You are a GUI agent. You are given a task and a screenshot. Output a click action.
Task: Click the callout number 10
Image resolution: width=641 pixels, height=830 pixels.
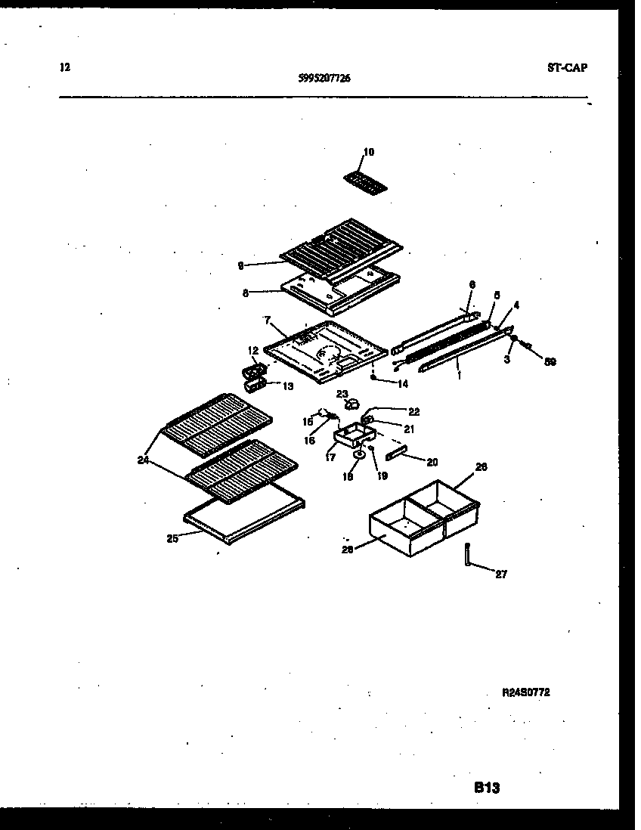tap(368, 152)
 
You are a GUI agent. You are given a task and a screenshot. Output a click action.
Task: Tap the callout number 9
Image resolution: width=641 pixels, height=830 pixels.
tap(240, 265)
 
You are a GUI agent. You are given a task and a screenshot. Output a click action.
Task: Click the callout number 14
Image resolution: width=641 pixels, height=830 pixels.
tap(402, 384)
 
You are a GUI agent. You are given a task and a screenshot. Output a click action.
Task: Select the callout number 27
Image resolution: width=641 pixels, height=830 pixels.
tap(501, 574)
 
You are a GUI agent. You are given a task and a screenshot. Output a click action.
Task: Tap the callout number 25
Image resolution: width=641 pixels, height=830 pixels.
tap(173, 539)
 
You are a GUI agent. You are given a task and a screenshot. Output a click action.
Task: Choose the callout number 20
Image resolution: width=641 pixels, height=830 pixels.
tap(432, 462)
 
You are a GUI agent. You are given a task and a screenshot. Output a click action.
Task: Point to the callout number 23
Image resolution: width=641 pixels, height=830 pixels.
tap(342, 394)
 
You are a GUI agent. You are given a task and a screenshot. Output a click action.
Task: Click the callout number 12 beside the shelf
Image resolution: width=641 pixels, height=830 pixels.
tap(252, 351)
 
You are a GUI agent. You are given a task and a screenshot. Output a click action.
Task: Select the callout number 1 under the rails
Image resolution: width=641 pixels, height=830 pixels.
tap(459, 373)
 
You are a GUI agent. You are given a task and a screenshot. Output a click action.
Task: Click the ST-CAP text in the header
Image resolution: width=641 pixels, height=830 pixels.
tap(567, 67)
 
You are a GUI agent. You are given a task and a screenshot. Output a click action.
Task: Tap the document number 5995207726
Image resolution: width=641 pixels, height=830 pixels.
tap(324, 77)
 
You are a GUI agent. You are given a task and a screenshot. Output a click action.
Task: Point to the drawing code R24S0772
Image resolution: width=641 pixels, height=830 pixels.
tap(525, 692)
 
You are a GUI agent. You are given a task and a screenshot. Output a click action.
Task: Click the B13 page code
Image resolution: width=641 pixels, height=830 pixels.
tap(487, 788)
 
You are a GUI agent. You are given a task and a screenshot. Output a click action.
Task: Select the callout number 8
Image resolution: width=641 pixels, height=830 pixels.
tap(245, 293)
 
